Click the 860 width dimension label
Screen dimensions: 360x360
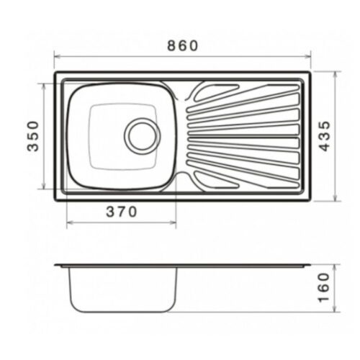183,45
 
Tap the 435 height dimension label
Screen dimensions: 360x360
325,136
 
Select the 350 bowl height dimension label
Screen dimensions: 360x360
33,136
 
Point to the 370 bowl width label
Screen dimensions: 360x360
122,212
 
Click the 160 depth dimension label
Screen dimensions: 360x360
323,287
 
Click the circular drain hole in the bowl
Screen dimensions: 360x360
143,136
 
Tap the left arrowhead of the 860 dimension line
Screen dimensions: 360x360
58,57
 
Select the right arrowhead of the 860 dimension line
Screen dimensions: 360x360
307,57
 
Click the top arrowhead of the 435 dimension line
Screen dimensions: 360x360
336,74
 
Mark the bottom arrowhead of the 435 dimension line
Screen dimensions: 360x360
336,198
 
